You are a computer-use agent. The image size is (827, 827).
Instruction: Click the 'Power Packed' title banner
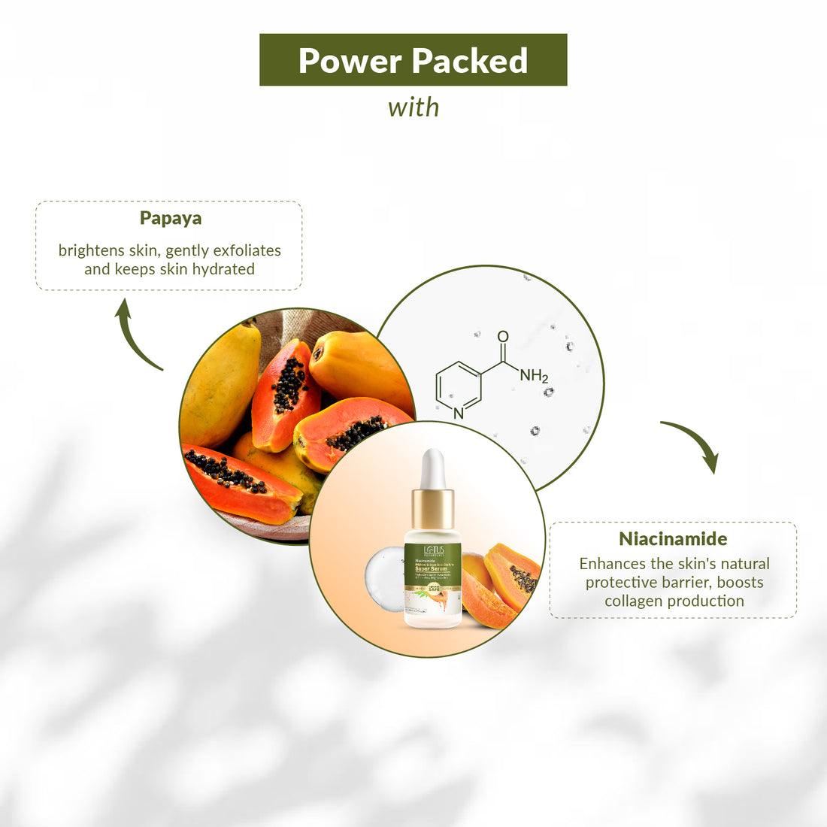pyautogui.click(x=413, y=60)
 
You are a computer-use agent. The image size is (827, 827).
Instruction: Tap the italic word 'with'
pyautogui.click(x=413, y=108)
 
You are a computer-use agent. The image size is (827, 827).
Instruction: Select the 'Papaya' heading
pyautogui.click(x=171, y=218)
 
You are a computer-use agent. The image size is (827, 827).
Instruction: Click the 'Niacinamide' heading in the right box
pyautogui.click(x=673, y=538)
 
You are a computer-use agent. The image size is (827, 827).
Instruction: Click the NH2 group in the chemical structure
pyautogui.click(x=534, y=375)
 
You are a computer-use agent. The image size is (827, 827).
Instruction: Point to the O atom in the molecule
pyautogui.click(x=503, y=337)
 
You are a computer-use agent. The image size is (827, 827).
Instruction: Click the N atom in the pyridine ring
pyautogui.click(x=459, y=413)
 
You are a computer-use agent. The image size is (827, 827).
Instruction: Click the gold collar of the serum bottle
pyautogui.click(x=432, y=509)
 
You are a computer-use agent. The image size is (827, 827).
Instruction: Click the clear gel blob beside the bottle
pyautogui.click(x=385, y=579)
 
